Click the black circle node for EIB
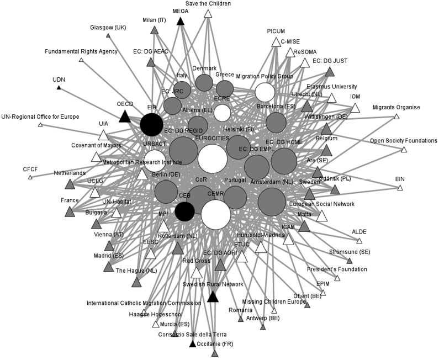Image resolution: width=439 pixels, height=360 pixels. click(151, 124)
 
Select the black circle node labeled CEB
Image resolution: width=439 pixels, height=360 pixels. click(184, 210)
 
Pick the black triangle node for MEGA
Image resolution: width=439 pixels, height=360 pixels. click(180, 21)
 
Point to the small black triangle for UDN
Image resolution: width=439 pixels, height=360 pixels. click(59, 88)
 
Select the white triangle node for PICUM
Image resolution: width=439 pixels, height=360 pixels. click(276, 43)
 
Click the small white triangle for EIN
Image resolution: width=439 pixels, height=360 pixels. click(400, 189)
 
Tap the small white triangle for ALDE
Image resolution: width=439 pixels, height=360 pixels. click(359, 241)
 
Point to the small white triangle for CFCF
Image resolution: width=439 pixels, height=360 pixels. click(30, 177)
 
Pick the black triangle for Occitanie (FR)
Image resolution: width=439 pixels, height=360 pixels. click(192, 345)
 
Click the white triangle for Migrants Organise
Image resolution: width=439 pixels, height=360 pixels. click(396, 117)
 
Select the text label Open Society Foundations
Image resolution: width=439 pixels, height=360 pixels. click(403, 140)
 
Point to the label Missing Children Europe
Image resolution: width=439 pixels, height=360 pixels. click(274, 301)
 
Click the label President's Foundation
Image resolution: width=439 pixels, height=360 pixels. click(337, 269)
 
